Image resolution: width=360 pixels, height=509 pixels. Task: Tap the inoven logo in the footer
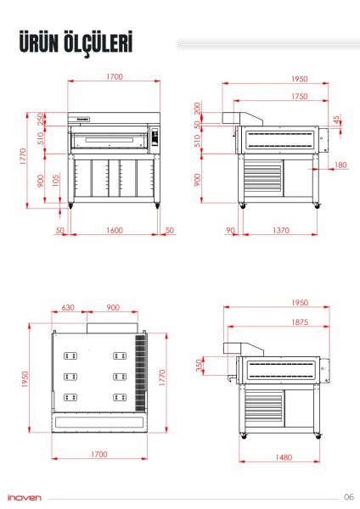pos(23,497)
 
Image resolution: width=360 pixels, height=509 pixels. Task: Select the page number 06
pos(348,496)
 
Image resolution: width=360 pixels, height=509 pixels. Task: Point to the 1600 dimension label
pos(114,230)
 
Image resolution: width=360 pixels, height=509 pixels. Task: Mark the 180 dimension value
pos(340,165)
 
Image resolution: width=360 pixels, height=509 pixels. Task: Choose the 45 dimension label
pos(337,120)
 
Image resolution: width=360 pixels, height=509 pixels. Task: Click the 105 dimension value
pos(56,180)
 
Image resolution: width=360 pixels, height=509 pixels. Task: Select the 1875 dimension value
pos(276,322)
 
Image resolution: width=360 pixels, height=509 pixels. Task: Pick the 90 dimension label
pos(230,230)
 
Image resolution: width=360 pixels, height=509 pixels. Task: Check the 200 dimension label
pos(199,108)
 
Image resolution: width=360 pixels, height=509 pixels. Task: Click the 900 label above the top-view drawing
pos(112,308)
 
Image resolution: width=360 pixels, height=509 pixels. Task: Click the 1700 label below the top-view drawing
pos(99,456)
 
